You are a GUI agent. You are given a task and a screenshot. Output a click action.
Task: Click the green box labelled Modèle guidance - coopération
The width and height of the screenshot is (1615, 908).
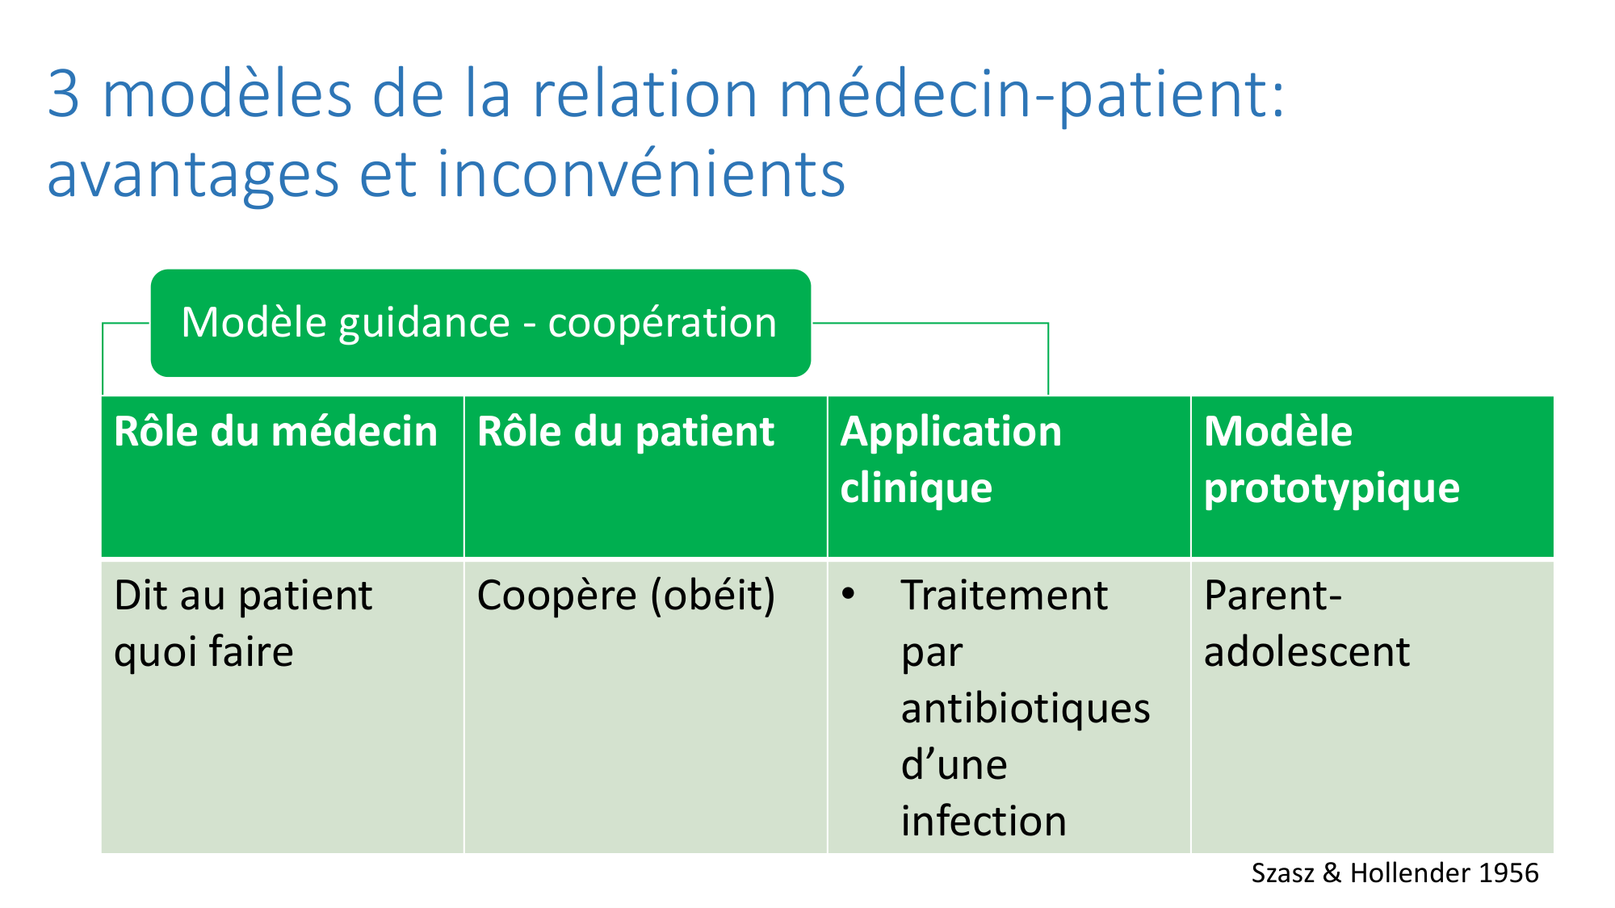(480, 323)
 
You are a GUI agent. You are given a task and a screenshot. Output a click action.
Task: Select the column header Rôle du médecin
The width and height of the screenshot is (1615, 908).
(283, 476)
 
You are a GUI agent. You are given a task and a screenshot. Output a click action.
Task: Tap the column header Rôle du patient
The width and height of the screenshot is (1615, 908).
(646, 476)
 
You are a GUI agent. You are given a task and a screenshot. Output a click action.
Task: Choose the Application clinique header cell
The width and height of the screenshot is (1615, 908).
(1009, 476)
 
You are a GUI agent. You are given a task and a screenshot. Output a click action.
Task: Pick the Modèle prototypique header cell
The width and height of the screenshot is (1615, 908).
(1373, 476)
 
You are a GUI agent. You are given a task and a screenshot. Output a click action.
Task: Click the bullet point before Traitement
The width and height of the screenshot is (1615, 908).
(848, 595)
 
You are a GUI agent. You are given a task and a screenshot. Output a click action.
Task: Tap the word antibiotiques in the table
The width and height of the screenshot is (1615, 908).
(1026, 709)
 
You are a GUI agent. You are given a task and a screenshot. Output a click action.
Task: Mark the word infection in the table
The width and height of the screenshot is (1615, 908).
(984, 821)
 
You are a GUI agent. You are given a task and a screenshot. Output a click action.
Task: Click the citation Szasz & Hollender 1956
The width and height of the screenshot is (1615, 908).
(1395, 872)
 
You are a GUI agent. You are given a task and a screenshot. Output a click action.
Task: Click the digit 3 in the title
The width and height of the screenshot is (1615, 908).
(64, 94)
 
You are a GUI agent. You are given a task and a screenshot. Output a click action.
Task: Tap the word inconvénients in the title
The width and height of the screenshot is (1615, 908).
(641, 174)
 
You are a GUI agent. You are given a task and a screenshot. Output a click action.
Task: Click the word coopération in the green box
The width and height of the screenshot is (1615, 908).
(662, 324)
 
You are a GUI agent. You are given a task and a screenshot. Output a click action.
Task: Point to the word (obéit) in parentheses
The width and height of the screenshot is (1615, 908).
(713, 596)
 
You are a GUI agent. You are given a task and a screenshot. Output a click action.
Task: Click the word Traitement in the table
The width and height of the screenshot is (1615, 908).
(1005, 596)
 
